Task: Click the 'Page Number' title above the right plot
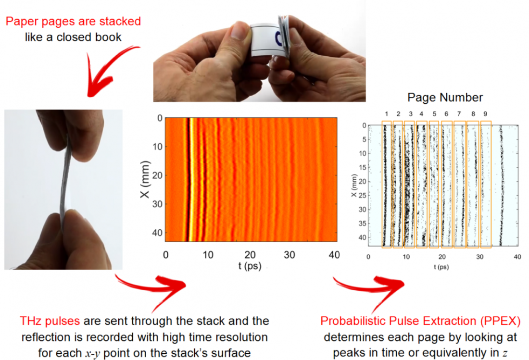click(x=445, y=98)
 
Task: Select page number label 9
click(x=485, y=114)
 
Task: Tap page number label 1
click(x=387, y=114)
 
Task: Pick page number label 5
click(x=434, y=114)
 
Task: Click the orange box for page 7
click(x=454, y=185)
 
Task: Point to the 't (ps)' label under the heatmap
click(x=250, y=266)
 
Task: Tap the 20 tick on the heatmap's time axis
click(x=250, y=255)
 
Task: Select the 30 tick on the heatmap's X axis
click(x=157, y=204)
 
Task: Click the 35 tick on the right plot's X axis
click(x=362, y=223)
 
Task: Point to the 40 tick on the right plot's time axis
click(x=517, y=257)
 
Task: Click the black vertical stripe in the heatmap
click(x=187, y=179)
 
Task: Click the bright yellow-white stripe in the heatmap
click(x=191, y=179)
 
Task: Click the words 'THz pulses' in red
click(x=50, y=321)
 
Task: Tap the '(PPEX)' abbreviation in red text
click(x=501, y=321)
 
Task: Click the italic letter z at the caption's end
click(x=504, y=354)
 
